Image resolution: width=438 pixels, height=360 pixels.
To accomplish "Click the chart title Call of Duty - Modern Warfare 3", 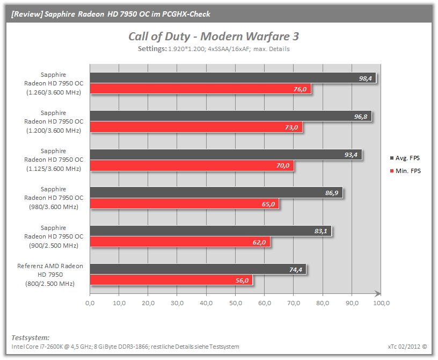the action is (x=214, y=37).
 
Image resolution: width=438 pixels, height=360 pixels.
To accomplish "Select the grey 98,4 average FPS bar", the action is (x=233, y=78).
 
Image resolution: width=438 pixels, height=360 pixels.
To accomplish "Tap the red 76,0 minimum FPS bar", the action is (x=200, y=89).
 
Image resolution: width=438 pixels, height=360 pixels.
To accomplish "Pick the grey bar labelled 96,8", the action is (x=231, y=116).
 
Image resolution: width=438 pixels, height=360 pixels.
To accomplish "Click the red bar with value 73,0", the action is (x=196, y=127).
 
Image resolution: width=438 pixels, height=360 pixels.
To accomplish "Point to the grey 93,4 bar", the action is (x=225, y=154).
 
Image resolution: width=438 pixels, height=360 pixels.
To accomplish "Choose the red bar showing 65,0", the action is (x=184, y=204).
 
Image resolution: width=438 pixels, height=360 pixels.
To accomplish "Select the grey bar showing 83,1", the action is (x=210, y=231).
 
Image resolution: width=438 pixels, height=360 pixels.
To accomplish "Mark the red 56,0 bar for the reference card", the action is (x=171, y=280).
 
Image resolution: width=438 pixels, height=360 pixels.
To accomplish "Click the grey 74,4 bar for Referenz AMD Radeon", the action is (x=198, y=269).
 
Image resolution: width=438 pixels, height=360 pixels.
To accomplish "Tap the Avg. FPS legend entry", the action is (x=405, y=158).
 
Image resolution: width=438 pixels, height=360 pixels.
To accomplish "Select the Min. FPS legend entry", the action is (x=405, y=171).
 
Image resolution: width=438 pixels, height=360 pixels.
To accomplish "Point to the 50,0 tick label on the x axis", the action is (x=236, y=303).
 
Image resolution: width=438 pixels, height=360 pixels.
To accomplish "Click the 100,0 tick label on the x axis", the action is (x=381, y=303).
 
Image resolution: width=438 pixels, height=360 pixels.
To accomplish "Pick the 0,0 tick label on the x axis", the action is (x=90, y=303).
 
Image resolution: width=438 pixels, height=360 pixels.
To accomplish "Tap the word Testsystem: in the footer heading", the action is (x=31, y=337).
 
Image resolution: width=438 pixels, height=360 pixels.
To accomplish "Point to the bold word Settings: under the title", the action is (x=152, y=49).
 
